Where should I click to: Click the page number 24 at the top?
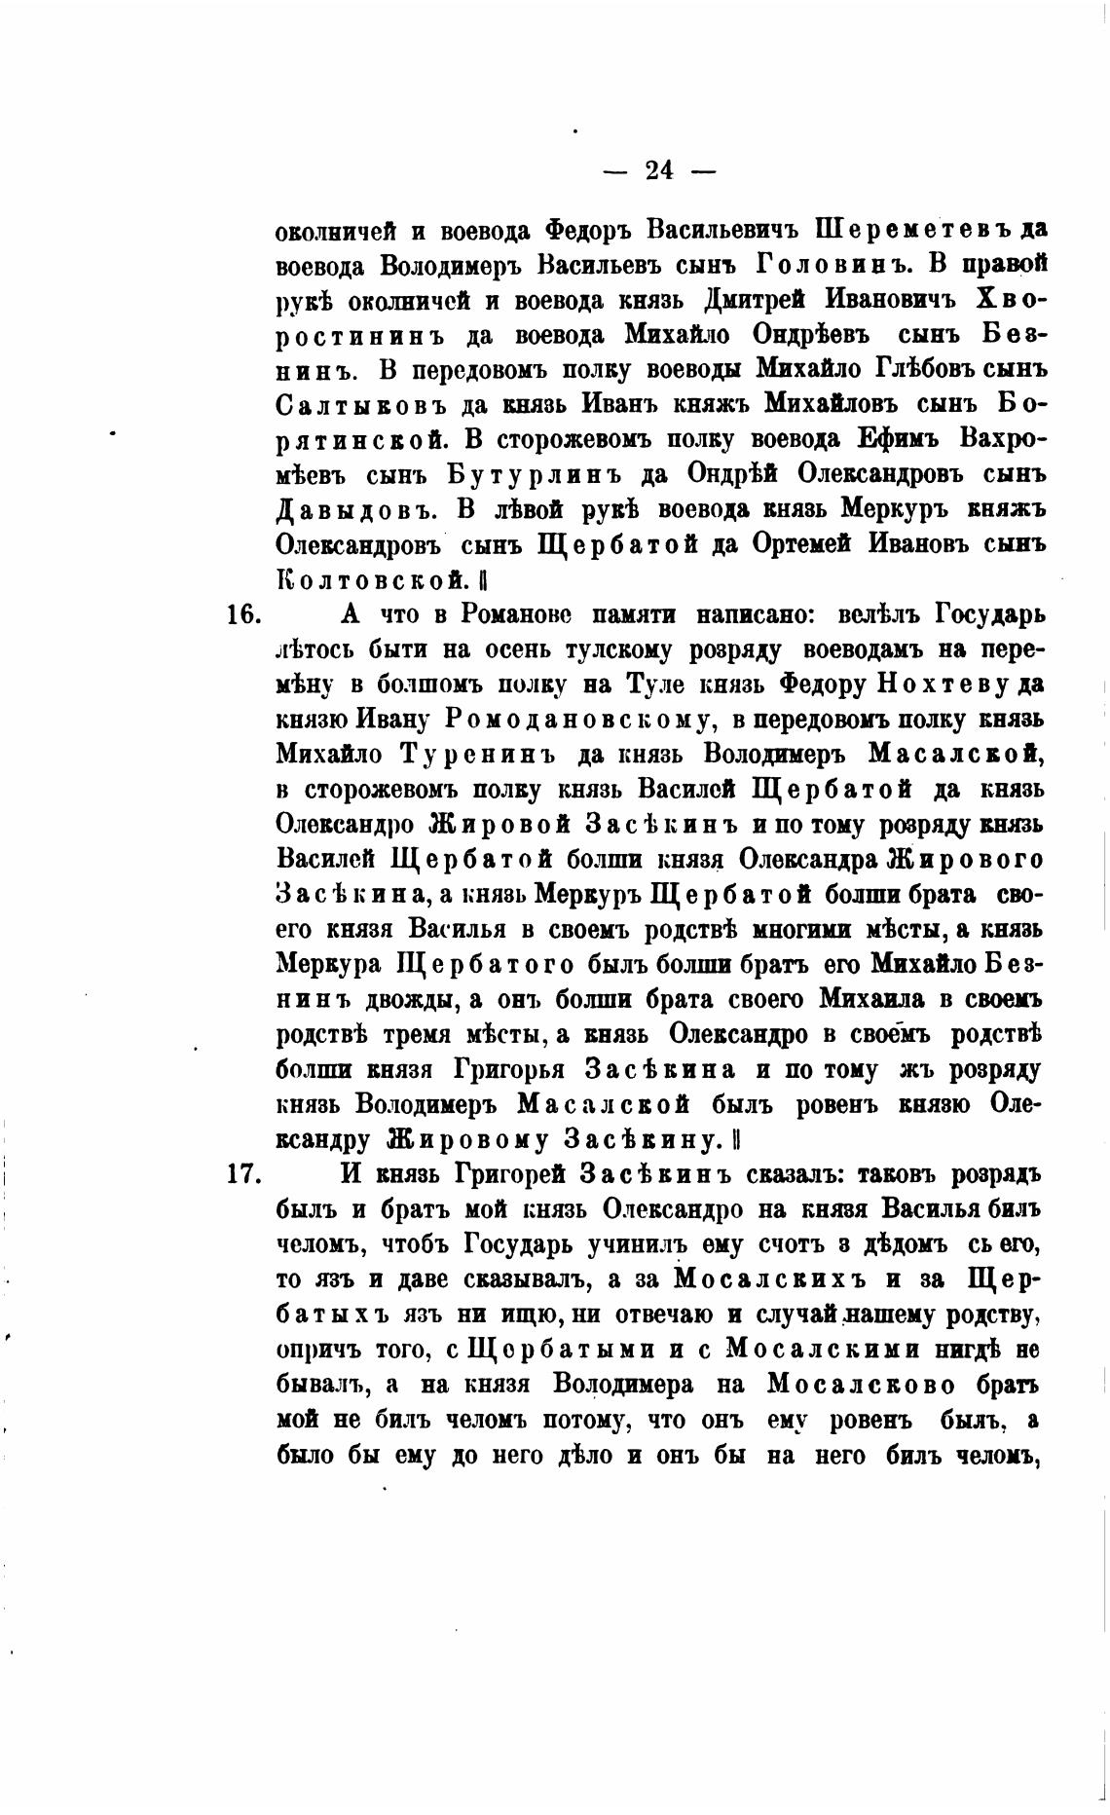tap(659, 170)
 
